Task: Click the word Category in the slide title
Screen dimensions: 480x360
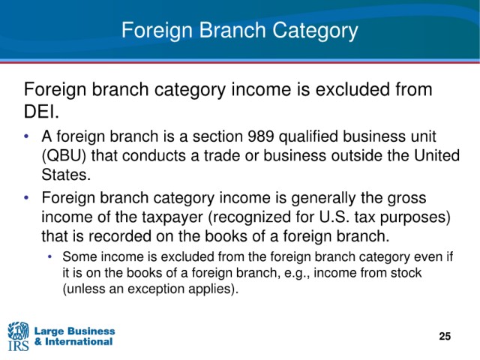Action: [315, 31]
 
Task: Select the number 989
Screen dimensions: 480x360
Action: [260, 136]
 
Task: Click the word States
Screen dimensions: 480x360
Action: [66, 175]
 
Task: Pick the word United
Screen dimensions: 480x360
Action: [436, 155]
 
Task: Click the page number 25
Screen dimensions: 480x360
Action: [445, 336]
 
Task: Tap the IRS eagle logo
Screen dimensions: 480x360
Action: [18, 336]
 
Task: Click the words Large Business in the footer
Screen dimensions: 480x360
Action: [75, 331]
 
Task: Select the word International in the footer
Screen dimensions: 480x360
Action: [79, 342]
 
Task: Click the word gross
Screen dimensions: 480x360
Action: [406, 198]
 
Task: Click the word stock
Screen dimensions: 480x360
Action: [406, 272]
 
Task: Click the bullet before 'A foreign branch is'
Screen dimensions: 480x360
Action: [27, 136]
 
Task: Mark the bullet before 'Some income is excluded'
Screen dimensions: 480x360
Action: [50, 256]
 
